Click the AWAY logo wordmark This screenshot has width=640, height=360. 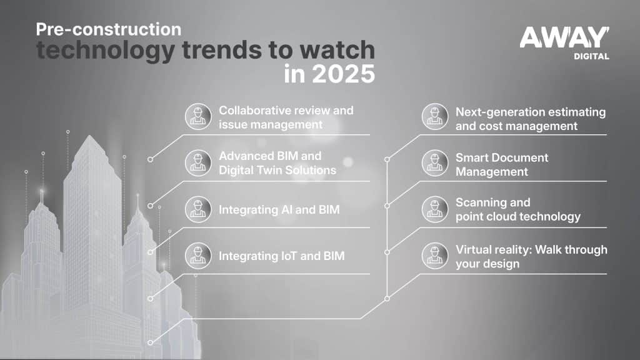[x=564, y=37]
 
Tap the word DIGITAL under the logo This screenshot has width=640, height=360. [x=591, y=56]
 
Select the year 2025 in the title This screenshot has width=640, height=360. [x=343, y=74]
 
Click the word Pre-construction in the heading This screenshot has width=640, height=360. [x=109, y=29]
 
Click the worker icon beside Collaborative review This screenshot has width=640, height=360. [x=198, y=116]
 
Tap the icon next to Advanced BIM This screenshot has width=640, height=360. [x=198, y=163]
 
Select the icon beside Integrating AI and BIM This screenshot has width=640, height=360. [x=198, y=209]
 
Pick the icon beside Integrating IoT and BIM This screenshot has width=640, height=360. [x=198, y=256]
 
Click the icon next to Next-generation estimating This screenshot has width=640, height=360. [x=435, y=116]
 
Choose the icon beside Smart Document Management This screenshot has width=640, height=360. [x=435, y=163]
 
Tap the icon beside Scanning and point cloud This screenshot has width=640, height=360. [x=435, y=209]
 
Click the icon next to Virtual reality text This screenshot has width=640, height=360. [x=435, y=256]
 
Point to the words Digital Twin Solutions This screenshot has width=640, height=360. [x=277, y=170]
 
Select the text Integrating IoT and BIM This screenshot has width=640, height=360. [x=282, y=256]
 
